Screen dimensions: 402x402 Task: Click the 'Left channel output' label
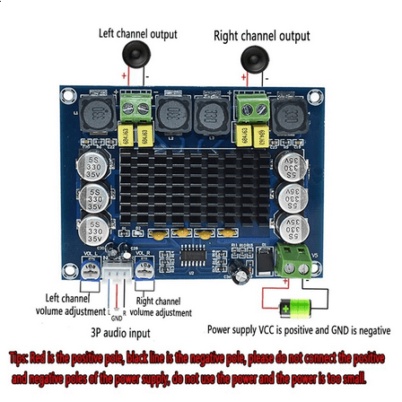coord(137,34)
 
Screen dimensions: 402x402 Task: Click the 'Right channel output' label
coord(261,36)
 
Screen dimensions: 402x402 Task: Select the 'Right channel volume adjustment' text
coord(161,307)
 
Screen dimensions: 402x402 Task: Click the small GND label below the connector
coord(115,317)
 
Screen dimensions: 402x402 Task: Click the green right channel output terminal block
coord(249,111)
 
